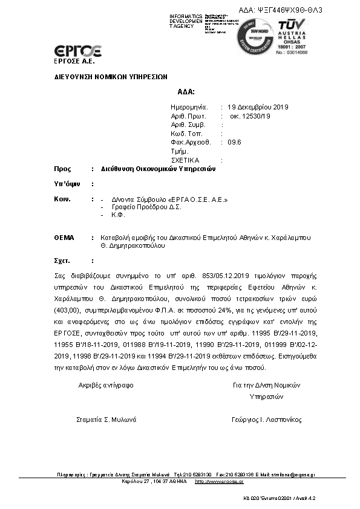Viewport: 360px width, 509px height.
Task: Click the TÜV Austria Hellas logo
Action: tap(293, 36)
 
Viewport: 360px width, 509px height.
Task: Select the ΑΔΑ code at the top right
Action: tap(289, 10)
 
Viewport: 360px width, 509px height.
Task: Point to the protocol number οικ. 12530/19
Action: tap(249, 116)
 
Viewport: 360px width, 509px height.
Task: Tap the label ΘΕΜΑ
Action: tap(64, 238)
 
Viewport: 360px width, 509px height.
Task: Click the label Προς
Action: tap(62, 169)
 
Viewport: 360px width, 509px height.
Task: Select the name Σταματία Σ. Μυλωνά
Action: tap(106, 420)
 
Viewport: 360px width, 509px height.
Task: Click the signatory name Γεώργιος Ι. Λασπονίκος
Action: tap(266, 420)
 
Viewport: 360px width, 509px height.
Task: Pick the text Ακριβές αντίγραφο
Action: tap(106, 384)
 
